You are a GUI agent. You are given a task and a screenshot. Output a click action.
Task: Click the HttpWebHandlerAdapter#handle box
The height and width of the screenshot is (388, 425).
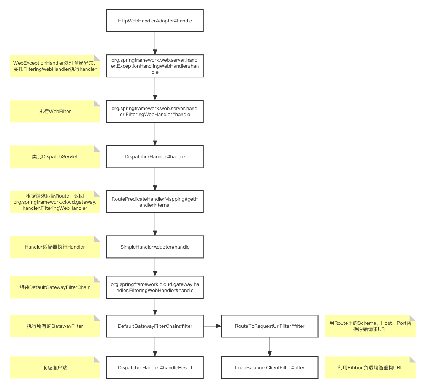click(155, 21)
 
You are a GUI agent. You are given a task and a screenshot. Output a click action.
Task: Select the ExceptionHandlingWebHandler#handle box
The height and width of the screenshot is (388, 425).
click(155, 66)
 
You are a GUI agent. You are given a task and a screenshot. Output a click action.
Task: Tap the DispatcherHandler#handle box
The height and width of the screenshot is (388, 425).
click(155, 156)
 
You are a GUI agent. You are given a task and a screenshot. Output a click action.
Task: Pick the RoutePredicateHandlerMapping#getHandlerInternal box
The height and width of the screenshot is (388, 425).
click(155, 202)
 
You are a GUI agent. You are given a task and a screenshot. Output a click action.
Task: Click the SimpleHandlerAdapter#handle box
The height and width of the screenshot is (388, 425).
click(155, 247)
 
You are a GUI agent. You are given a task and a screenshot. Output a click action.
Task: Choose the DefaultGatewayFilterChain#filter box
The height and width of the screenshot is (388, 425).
click(155, 326)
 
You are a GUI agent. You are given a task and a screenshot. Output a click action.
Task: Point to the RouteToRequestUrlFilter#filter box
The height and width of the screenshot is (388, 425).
click(270, 326)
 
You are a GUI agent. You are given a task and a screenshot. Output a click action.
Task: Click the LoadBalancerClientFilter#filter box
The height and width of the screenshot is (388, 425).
click(270, 367)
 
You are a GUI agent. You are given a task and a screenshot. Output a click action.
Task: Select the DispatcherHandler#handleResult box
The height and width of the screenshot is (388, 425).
click(155, 367)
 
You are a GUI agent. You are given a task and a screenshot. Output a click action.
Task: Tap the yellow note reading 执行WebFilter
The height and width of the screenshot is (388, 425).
click(55, 111)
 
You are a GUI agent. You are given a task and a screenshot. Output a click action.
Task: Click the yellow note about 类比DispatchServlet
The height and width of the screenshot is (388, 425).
click(55, 156)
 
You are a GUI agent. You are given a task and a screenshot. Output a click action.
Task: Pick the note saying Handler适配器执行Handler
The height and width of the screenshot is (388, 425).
click(55, 247)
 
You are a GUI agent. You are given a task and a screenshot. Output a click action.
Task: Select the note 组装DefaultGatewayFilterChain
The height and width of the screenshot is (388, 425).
click(55, 287)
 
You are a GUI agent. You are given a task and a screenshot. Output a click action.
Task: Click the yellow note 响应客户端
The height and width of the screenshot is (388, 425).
click(55, 367)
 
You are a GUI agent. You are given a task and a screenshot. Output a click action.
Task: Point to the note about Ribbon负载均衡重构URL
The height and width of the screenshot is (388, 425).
click(370, 367)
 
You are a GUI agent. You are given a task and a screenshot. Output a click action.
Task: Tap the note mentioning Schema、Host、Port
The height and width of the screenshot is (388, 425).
click(370, 326)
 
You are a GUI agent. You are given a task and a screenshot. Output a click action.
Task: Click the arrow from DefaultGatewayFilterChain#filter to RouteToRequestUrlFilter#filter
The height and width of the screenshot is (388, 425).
click(212, 326)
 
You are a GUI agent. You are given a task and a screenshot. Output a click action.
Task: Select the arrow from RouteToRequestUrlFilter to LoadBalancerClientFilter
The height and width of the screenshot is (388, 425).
click(270, 346)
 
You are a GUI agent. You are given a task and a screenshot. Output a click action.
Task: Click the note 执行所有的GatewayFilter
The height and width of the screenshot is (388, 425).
click(55, 326)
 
